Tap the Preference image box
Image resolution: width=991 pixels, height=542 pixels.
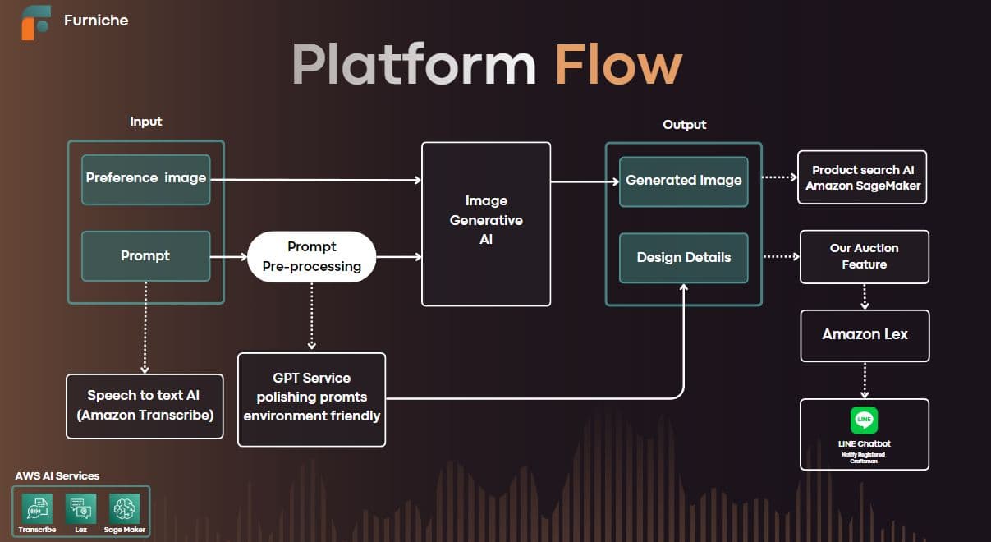click(x=145, y=179)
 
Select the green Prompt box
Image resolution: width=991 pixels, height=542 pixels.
click(x=145, y=256)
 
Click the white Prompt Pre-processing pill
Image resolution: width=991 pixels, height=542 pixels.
click(x=312, y=256)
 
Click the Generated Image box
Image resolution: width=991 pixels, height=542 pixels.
click(x=683, y=181)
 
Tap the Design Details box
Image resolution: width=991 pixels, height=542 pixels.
click(x=683, y=258)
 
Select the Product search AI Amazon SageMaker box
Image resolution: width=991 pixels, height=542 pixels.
click(x=862, y=177)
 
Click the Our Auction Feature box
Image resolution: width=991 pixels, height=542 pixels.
click(x=864, y=256)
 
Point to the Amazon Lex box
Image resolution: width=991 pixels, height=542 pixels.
click(x=865, y=335)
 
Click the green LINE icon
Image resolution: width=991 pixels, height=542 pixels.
click(x=864, y=420)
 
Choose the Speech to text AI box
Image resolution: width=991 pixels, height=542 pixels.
click(x=145, y=405)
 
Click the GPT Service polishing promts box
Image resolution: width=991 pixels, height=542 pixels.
click(x=311, y=399)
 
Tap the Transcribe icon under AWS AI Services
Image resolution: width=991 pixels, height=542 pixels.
click(x=37, y=508)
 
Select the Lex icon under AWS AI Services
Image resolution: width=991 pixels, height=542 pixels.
click(x=80, y=508)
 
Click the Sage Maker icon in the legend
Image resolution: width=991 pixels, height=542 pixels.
click(x=125, y=508)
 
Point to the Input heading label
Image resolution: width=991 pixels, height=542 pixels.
click(x=146, y=122)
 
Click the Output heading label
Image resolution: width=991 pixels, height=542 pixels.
click(x=684, y=125)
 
